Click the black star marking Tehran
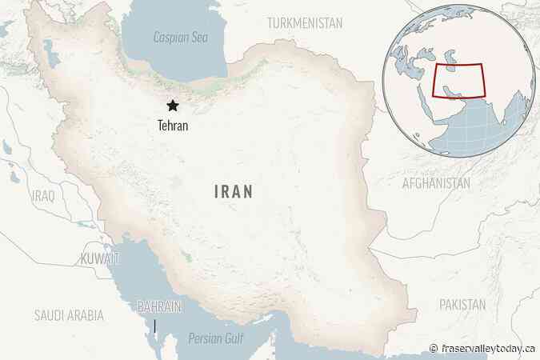click(x=172, y=106)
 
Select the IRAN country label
click(x=234, y=191)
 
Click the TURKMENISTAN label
click(x=306, y=22)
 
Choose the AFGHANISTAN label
click(x=436, y=183)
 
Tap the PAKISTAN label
click(x=462, y=305)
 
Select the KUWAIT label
click(x=100, y=258)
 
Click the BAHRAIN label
click(x=159, y=306)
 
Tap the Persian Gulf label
click(x=214, y=338)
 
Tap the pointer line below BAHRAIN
click(x=155, y=326)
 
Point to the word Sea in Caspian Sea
click(x=197, y=38)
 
